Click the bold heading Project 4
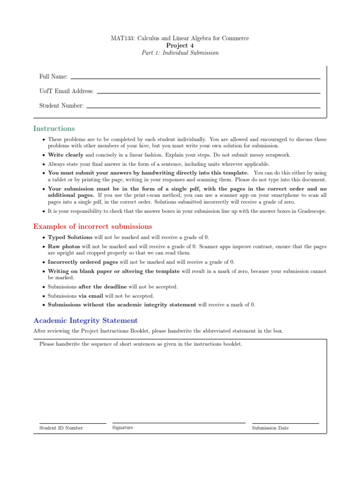click(180, 45)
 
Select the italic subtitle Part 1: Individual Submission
click(180, 53)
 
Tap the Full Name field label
click(53, 76)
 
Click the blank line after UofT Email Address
click(208, 92)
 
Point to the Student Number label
click(61, 106)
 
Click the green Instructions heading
click(54, 128)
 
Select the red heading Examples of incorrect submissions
click(93, 226)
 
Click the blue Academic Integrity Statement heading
click(86, 321)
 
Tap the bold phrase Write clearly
click(66, 155)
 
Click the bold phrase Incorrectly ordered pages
click(83, 262)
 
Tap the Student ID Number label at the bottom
click(61, 428)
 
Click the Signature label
click(123, 427)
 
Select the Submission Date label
click(270, 428)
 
